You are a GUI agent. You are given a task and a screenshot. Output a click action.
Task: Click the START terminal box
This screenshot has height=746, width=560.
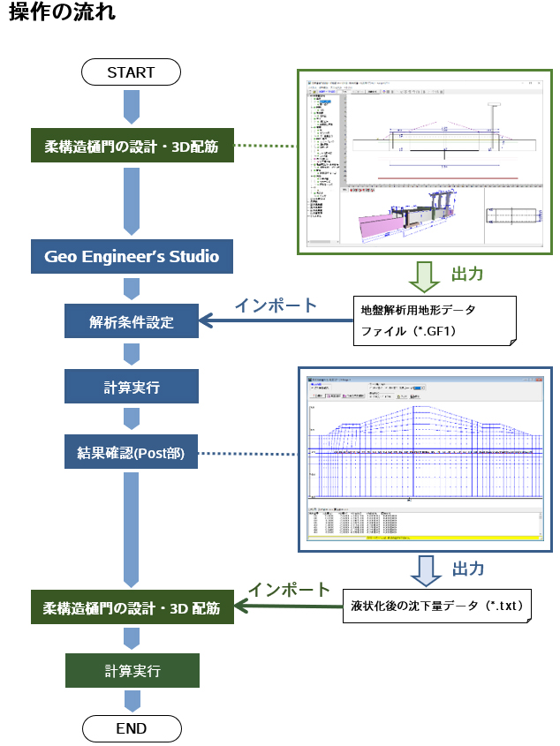[x=131, y=72]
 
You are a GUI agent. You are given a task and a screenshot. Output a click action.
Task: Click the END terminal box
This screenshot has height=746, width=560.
[x=132, y=729]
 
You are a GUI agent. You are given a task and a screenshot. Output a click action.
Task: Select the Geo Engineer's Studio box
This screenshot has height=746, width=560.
[x=132, y=258]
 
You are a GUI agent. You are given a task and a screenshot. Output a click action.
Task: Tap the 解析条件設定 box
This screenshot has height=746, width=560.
[x=132, y=321]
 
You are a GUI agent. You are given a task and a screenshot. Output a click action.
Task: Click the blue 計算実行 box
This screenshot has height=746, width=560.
[x=132, y=387]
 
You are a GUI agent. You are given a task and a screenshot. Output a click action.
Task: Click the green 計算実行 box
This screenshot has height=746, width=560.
[x=132, y=671]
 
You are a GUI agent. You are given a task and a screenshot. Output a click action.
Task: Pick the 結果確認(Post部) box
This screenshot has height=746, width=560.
[x=132, y=455]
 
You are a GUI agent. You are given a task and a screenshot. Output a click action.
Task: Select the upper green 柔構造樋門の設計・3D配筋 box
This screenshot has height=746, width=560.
[x=132, y=145]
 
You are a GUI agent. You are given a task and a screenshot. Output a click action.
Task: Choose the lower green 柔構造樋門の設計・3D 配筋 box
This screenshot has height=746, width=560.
[x=132, y=607]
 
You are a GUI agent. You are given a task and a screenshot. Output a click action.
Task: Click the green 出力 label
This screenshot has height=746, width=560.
[x=468, y=275]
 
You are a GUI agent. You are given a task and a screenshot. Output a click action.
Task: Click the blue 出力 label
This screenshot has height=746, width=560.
[x=468, y=568]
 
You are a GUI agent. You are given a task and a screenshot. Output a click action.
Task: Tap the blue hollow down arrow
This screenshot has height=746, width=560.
[x=423, y=568]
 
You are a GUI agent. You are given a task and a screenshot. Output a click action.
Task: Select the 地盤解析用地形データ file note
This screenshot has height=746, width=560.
[x=433, y=322]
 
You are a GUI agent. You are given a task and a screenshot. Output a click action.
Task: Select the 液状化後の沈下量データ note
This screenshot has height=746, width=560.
[x=437, y=608]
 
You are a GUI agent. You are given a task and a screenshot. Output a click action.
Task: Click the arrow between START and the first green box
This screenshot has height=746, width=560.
[x=132, y=108]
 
